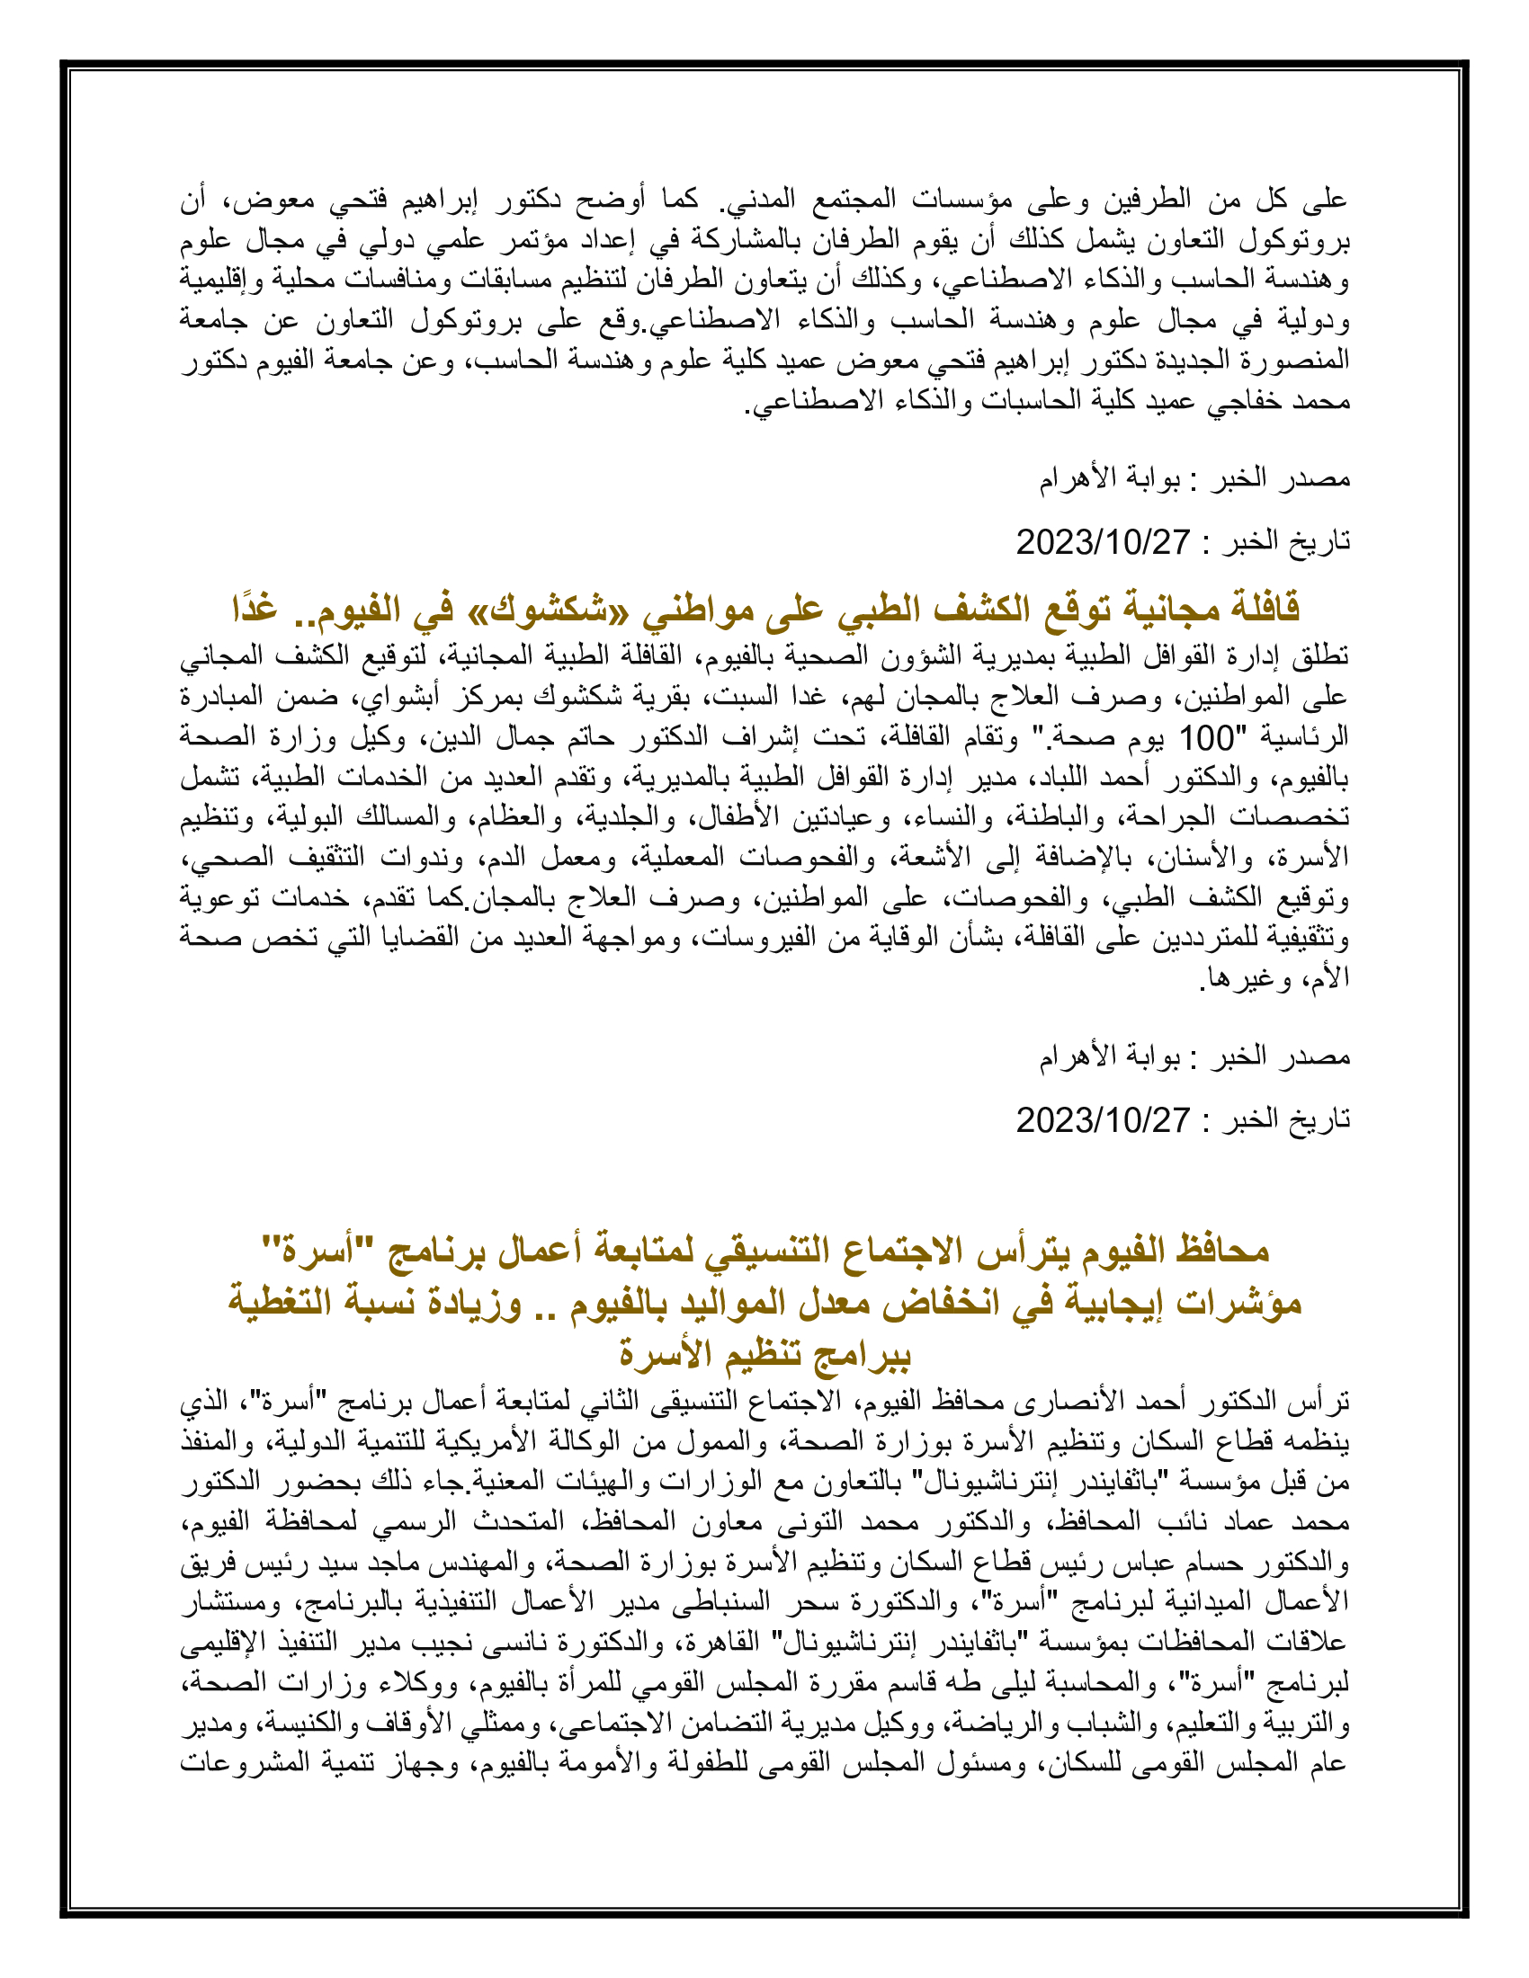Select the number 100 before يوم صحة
tap(1207, 739)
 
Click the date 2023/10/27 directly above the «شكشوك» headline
tap(1103, 542)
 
